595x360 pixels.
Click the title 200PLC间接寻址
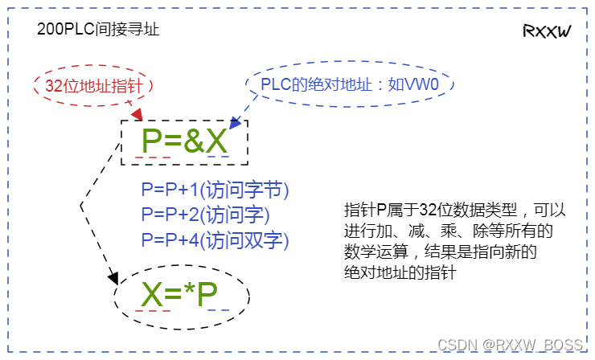coord(98,29)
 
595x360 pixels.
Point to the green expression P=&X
coord(185,141)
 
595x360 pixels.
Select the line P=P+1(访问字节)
coord(215,190)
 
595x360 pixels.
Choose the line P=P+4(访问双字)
coord(215,239)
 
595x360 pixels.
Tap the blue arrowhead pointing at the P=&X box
coord(236,123)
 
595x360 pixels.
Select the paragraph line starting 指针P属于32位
coord(454,211)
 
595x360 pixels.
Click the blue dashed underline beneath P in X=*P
coord(217,310)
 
